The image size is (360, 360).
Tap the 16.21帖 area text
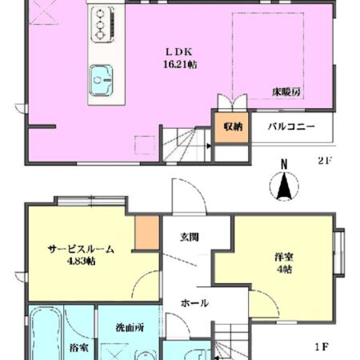(x=179, y=63)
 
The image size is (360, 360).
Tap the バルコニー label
(x=290, y=126)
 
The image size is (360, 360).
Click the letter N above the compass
(x=282, y=166)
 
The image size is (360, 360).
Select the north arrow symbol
(x=282, y=188)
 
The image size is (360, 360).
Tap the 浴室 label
(x=78, y=348)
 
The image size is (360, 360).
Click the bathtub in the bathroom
(x=46, y=336)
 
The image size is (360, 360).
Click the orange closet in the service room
(x=145, y=231)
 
